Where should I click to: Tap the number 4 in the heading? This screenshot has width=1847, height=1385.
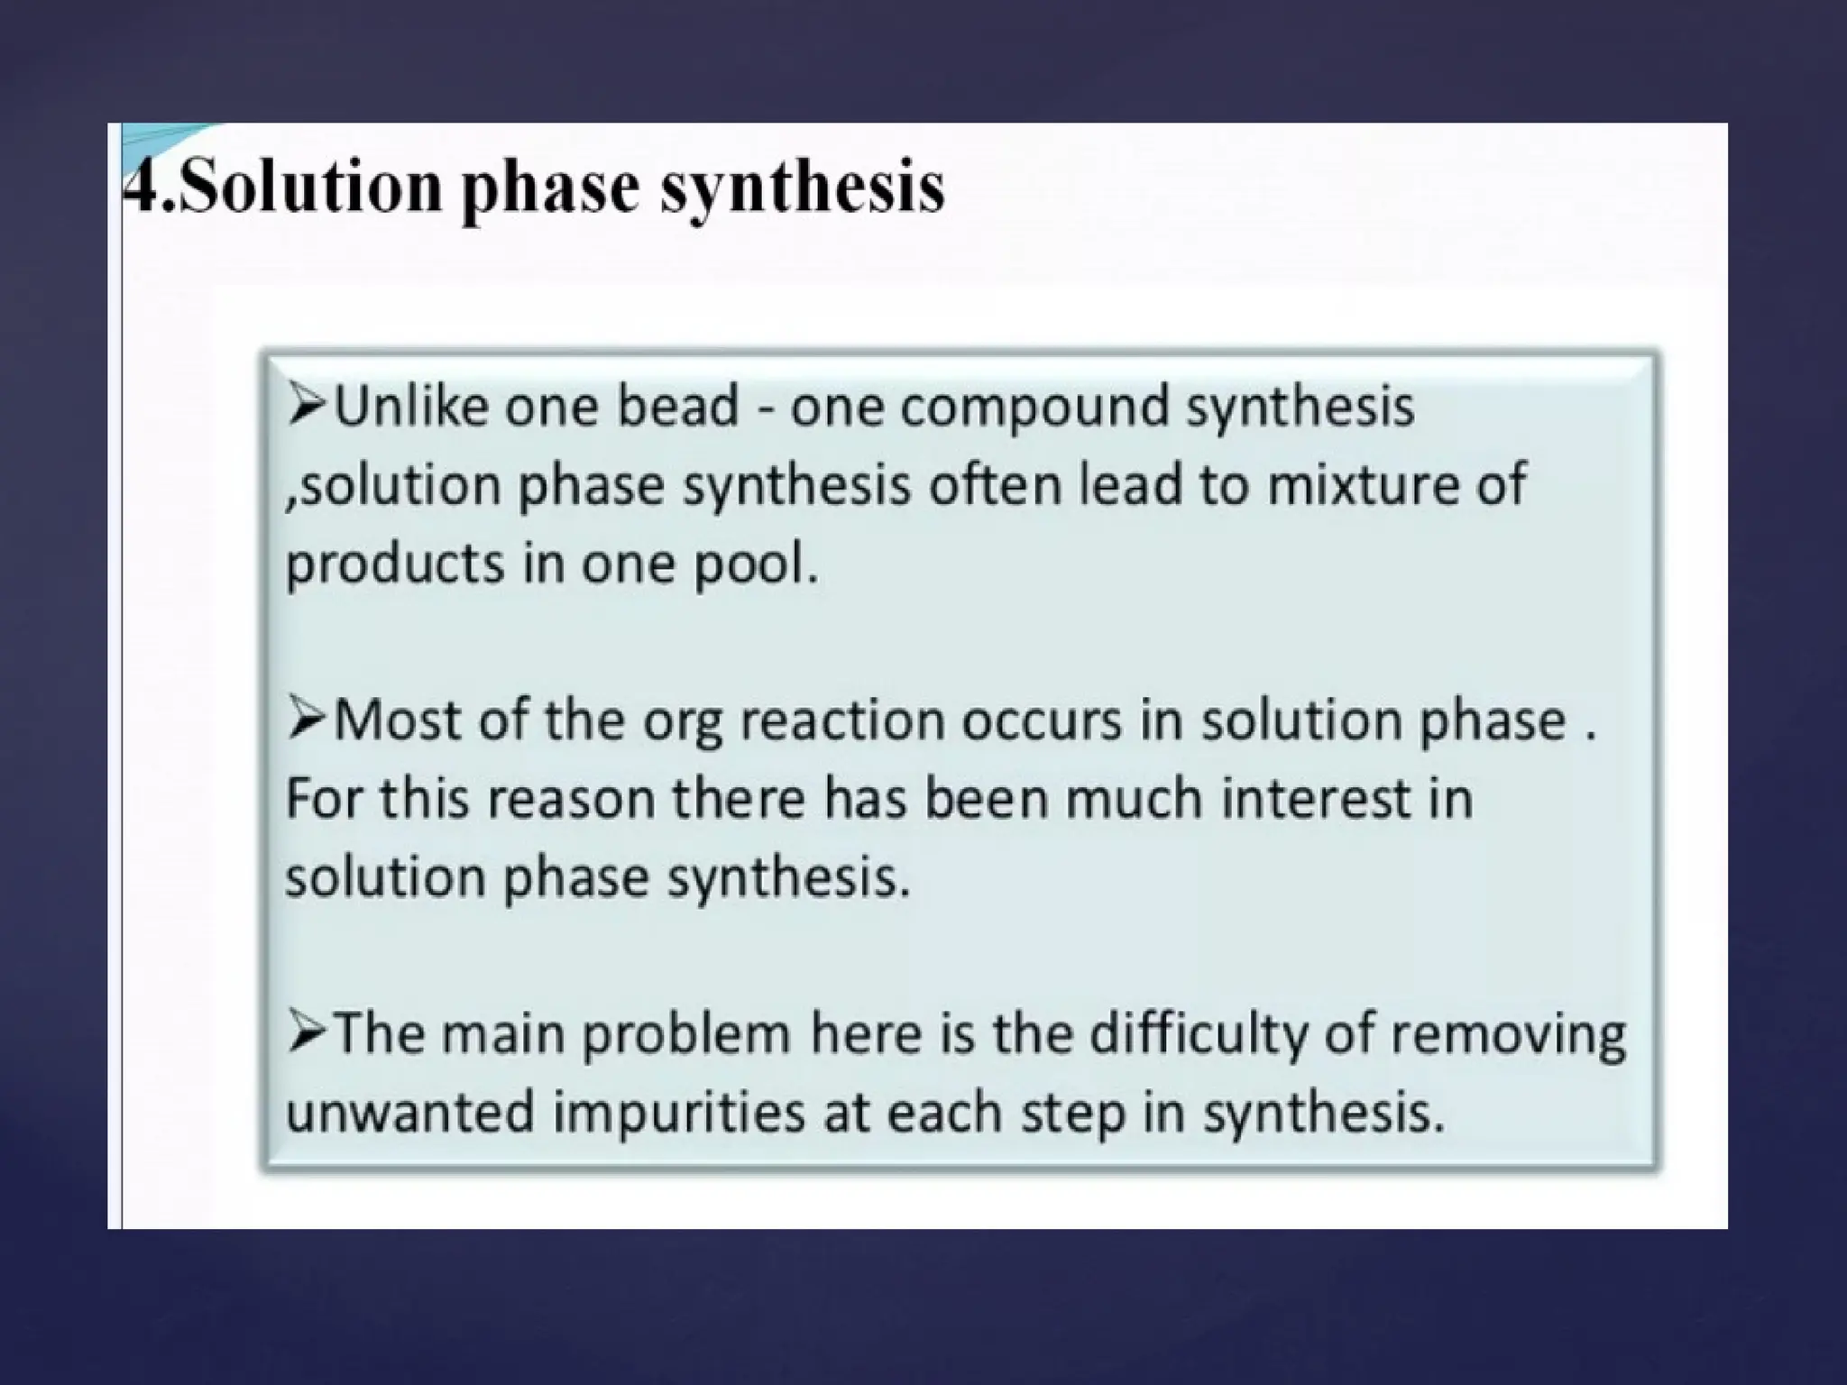[x=142, y=187]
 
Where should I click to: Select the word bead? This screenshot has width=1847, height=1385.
[x=677, y=407]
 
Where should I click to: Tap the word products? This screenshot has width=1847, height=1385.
[x=394, y=564]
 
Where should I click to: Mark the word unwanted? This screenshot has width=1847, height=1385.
[x=409, y=1113]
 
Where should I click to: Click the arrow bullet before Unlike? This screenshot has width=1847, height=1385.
[x=307, y=407]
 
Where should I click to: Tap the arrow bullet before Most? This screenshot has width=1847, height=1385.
[x=307, y=721]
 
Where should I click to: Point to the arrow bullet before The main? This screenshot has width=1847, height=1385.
[x=307, y=1034]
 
